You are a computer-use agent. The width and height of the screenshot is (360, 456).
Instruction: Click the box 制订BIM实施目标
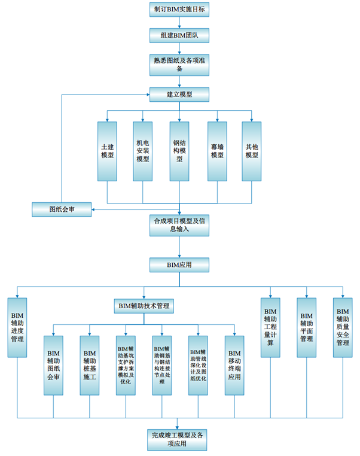coord(179,10)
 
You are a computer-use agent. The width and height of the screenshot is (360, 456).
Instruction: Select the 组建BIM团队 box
coord(179,36)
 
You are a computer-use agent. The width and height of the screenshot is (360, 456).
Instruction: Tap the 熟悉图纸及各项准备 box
coord(179,64)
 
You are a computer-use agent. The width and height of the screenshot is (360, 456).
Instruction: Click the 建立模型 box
coord(179,94)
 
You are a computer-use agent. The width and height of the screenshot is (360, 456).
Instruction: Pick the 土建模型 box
coord(108,151)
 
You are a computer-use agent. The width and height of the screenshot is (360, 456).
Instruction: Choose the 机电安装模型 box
coord(143,151)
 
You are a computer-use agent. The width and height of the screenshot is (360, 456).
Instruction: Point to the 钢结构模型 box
coord(179,151)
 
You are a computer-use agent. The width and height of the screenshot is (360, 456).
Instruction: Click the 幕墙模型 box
coord(217,151)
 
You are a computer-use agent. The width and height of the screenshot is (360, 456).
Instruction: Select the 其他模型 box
coord(252,151)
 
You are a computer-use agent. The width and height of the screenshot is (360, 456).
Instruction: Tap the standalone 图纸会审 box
coord(62,209)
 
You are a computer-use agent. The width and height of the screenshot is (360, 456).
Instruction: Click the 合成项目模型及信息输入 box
coord(179,225)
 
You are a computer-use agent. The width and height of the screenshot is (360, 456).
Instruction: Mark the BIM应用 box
coord(179,263)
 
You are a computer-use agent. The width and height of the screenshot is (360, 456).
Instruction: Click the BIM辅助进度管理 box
coord(17,327)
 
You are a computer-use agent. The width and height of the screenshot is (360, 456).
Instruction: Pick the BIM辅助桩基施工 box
coord(90,365)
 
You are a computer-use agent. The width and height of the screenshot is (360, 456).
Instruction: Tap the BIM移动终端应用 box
coord(234,365)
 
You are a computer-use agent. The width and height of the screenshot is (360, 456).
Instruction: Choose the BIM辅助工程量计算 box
coord(270,327)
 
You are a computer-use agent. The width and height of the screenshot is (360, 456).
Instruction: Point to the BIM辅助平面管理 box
coord(307,327)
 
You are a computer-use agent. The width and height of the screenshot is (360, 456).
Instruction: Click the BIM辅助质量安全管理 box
coord(343,327)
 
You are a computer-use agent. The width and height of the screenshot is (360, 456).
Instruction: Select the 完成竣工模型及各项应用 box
coord(179,439)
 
